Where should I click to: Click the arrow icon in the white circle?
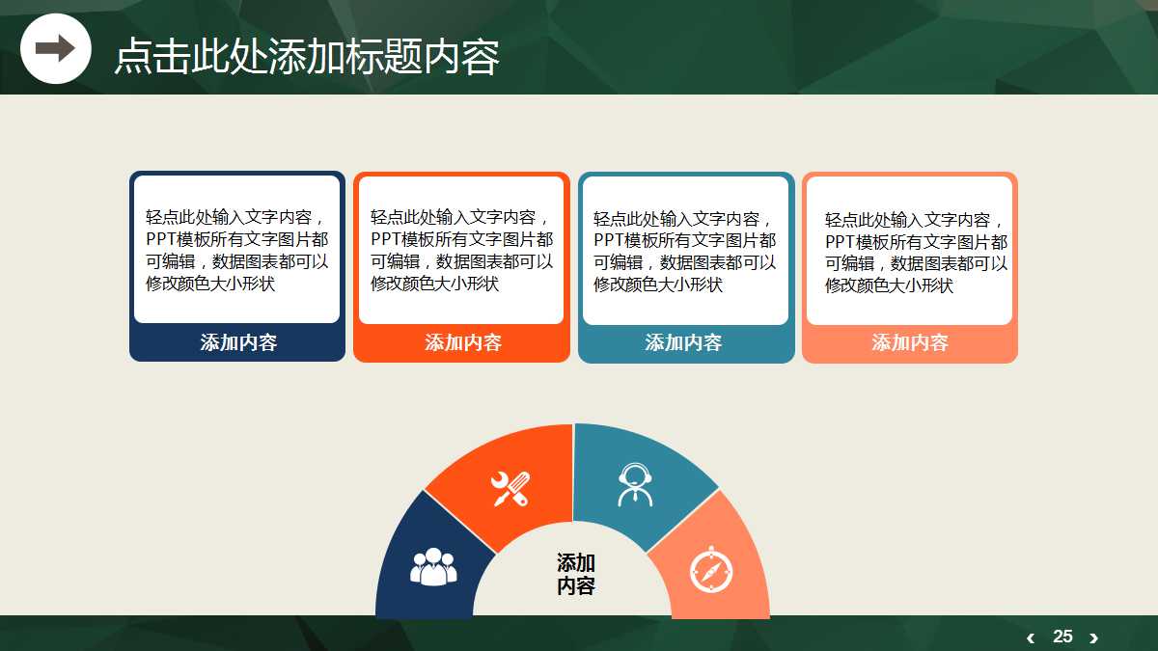point(55,48)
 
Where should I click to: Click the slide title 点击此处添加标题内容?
point(307,56)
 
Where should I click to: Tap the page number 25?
point(1062,637)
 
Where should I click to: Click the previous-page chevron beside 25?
point(1031,637)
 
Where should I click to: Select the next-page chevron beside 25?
point(1093,637)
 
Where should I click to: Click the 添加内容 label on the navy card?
point(238,342)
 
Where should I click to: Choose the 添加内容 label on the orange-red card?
point(463,342)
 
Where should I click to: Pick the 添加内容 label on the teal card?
point(683,342)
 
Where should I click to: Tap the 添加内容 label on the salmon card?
point(910,342)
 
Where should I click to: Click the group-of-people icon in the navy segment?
point(433,567)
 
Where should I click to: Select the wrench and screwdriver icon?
point(510,489)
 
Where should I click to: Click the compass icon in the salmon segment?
point(712,569)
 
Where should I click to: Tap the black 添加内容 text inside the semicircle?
point(576,574)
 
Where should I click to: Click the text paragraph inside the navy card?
point(237,250)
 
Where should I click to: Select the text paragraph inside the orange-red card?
point(461,250)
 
